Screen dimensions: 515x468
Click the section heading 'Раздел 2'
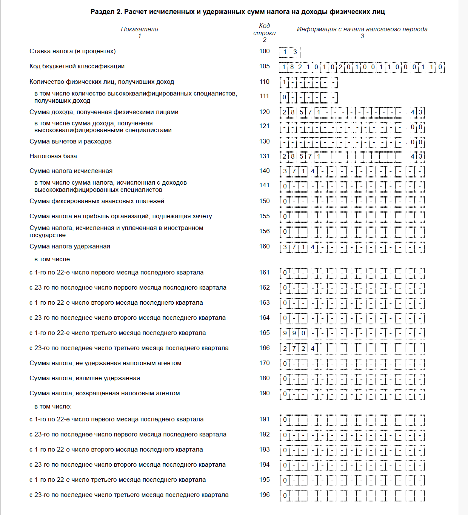coord(237,12)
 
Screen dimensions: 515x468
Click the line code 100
coord(264,51)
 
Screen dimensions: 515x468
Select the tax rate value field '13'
coord(290,52)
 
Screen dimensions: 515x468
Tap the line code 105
coord(264,66)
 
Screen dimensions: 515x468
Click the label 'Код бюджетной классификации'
coord(77,66)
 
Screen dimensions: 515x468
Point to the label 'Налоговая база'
coord(53,156)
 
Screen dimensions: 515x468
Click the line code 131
coord(264,156)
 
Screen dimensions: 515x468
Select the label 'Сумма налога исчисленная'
coord(71,171)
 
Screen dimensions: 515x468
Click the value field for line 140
coord(352,171)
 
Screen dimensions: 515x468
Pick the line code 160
coord(264,247)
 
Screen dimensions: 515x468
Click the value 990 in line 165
coord(294,333)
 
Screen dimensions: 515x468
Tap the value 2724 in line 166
coord(299,348)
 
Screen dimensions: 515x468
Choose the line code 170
coord(264,363)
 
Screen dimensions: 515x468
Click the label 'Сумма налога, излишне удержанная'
coord(85,378)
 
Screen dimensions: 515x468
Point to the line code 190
coord(264,393)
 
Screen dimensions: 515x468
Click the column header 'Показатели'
coord(139,29)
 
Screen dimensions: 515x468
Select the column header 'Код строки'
coord(264,29)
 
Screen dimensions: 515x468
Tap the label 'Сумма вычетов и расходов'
coord(71,142)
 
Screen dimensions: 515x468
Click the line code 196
coord(264,495)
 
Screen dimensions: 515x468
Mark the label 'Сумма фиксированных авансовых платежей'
coord(97,201)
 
